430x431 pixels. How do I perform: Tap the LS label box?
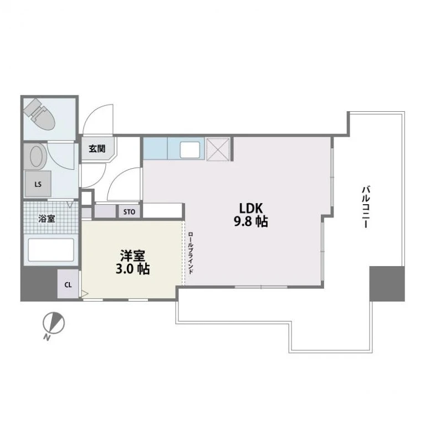tap(38, 184)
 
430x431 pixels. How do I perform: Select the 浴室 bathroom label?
tap(47, 219)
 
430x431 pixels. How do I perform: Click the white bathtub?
tap(51, 250)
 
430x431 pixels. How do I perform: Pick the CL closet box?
tap(68, 284)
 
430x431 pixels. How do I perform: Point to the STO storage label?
tap(129, 212)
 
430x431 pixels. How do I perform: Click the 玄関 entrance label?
tap(97, 149)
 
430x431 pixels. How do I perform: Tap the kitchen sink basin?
tap(190, 150)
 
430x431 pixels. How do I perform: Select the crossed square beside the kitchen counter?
tap(218, 149)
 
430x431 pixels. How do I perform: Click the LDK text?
tap(251, 209)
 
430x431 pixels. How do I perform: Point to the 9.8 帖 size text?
tap(251, 221)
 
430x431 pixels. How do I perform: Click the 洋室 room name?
tap(132, 256)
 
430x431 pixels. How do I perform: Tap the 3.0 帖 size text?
tap(132, 269)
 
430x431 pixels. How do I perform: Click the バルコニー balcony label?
tap(366, 207)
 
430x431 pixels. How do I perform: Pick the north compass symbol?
tap(54, 323)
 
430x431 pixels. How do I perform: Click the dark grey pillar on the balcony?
tap(387, 283)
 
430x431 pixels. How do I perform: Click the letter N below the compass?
tap(47, 337)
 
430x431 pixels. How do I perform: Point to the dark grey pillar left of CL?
tap(39, 284)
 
